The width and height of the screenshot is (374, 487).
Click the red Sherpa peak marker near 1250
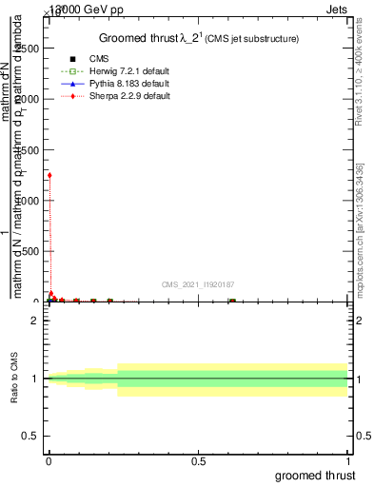pos(49,175)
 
